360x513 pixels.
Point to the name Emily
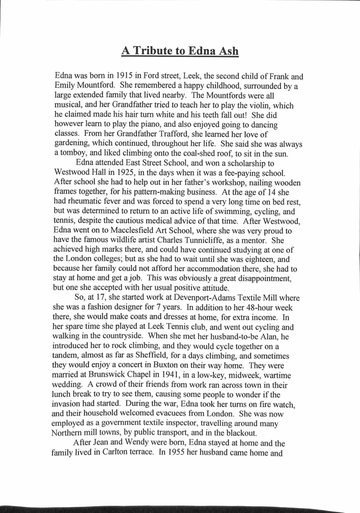[66, 85]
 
